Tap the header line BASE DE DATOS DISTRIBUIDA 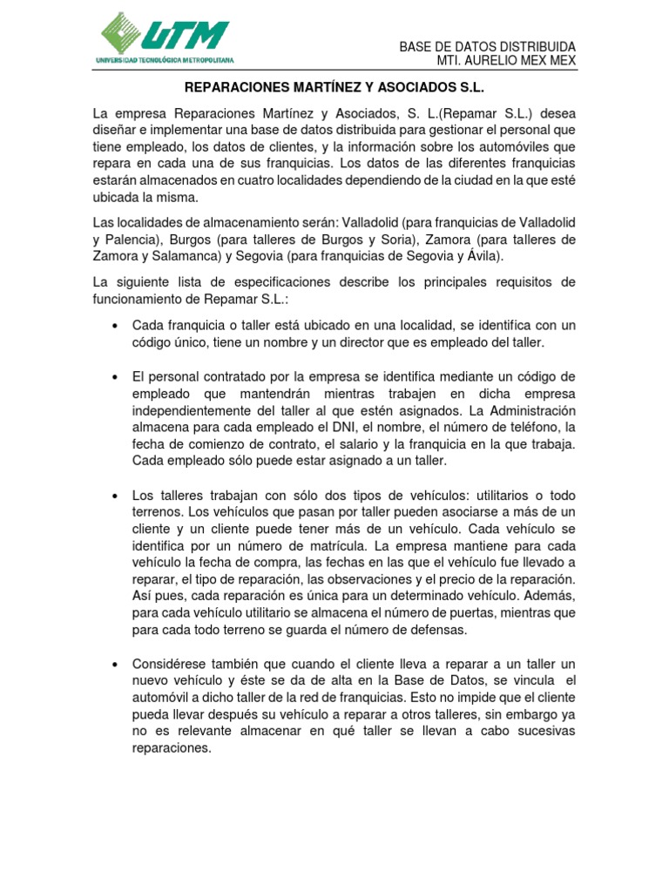coord(487,46)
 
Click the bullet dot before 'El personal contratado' coord(116,377)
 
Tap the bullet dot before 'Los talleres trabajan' coord(116,496)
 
